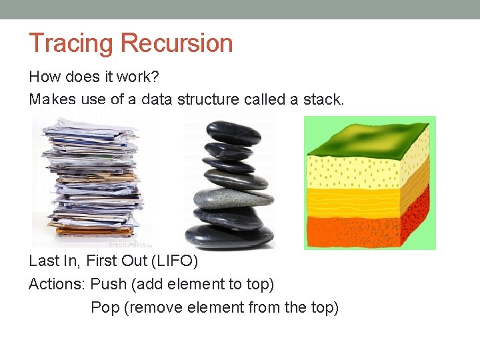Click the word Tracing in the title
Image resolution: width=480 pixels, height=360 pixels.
(x=72, y=43)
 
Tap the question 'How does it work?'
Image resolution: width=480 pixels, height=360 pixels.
(x=93, y=77)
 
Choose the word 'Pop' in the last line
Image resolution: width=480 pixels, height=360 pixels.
(x=105, y=307)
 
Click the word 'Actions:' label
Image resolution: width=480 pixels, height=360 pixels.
(x=57, y=284)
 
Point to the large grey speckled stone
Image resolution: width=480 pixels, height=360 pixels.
(x=233, y=198)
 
